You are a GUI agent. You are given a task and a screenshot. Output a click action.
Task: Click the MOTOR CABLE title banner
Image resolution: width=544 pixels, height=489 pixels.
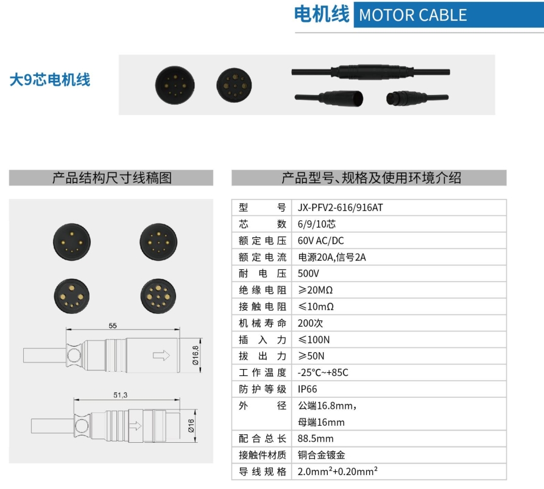click(x=412, y=15)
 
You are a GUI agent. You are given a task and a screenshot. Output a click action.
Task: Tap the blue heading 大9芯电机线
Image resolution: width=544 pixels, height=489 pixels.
click(x=49, y=80)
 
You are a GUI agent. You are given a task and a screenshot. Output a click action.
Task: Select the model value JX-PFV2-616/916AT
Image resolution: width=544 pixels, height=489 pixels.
click(x=341, y=207)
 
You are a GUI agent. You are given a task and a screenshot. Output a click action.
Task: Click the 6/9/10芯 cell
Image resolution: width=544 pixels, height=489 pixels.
click(x=317, y=224)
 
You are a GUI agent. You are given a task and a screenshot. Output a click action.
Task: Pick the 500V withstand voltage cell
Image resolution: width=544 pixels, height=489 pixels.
click(x=309, y=274)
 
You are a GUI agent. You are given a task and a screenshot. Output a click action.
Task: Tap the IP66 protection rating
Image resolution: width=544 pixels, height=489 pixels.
click(x=308, y=389)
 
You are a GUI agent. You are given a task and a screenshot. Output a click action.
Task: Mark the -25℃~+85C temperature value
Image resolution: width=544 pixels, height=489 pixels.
click(x=323, y=372)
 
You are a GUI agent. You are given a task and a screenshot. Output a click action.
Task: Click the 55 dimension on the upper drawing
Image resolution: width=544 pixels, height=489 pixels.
click(x=113, y=325)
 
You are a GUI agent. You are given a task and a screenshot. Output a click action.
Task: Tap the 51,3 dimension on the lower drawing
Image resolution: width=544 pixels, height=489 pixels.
click(x=121, y=395)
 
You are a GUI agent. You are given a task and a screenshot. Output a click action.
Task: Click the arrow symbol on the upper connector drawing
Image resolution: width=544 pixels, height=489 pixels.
click(x=161, y=355)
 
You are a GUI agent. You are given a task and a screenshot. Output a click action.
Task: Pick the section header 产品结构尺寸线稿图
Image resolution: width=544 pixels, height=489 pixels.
click(x=111, y=178)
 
